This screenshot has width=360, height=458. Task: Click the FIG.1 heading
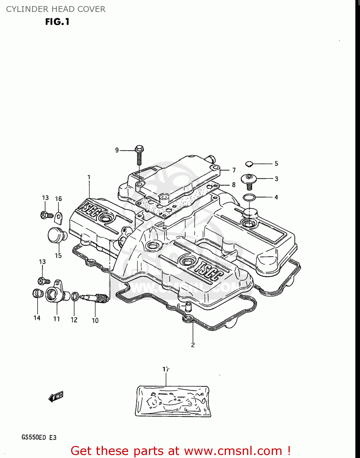tap(57, 22)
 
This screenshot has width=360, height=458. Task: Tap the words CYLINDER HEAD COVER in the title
tap(56, 9)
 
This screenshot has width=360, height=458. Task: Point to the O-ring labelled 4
tap(249, 198)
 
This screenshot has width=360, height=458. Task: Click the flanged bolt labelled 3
tap(249, 181)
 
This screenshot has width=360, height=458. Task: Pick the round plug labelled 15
tap(56, 235)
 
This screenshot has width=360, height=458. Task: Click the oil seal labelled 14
tap(37, 293)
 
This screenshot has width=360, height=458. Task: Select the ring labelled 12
tap(75, 296)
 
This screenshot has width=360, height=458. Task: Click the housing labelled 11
tap(55, 293)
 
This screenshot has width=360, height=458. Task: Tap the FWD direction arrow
tap(56, 397)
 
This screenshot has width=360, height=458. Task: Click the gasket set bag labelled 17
tap(173, 401)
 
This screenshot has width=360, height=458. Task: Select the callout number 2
tap(193, 345)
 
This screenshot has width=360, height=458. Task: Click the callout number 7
tap(234, 170)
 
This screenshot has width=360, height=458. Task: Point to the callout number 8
tap(234, 185)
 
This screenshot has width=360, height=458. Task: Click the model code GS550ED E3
tap(39, 437)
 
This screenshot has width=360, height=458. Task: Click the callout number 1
tap(89, 177)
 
